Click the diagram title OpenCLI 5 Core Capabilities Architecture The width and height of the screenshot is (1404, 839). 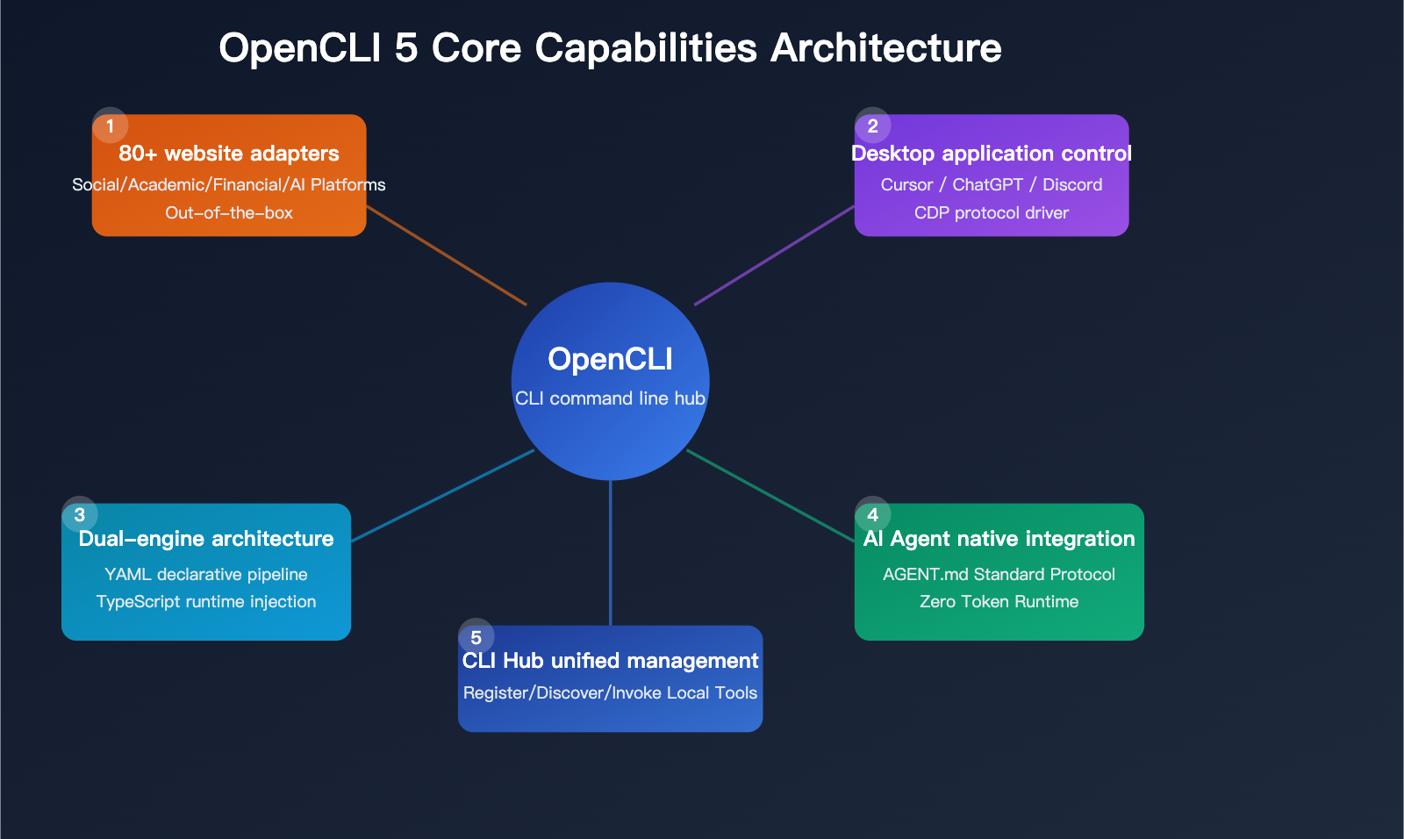tap(610, 47)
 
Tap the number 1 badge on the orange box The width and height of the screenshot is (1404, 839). tap(110, 126)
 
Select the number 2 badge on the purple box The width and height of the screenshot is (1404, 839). tap(872, 126)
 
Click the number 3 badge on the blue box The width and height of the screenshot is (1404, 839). tap(80, 515)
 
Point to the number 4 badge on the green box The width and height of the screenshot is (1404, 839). tap(872, 515)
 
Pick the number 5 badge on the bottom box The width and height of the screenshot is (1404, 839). tap(476, 638)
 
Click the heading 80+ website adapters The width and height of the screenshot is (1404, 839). tap(229, 154)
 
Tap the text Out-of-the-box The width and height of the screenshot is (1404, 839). tap(229, 213)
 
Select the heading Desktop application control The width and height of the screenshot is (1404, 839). tap(992, 154)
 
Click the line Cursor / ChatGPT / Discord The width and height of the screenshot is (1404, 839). tap(992, 185)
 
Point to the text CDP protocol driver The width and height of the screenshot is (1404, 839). tap(992, 213)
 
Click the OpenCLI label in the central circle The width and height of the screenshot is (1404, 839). tap(610, 359)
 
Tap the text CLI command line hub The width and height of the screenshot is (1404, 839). tap(610, 398)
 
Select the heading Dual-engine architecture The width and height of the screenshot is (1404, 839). tap(206, 539)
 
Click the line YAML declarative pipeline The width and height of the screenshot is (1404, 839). tap(206, 575)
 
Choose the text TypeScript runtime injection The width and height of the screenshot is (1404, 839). tap(206, 602)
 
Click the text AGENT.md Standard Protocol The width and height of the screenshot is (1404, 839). tap(999, 575)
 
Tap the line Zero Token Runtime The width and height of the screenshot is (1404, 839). tap(999, 602)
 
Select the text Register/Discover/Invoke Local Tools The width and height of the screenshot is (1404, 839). tap(610, 693)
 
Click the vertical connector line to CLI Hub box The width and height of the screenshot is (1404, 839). tap(610, 553)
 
